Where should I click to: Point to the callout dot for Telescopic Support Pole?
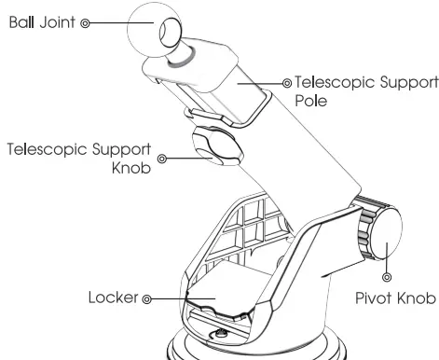[x=287, y=82]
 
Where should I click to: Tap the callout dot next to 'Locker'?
[x=146, y=299]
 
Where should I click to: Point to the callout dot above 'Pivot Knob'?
[x=387, y=277]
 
